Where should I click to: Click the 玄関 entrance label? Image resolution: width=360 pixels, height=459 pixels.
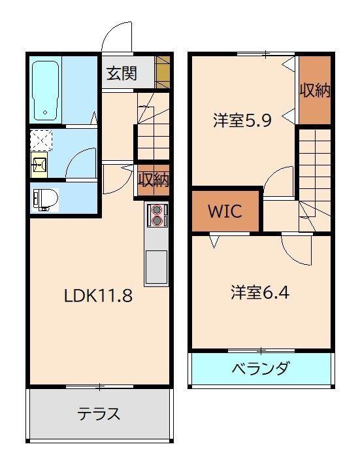[x=122, y=73]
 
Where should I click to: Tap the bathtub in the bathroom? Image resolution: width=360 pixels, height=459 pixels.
[x=45, y=91]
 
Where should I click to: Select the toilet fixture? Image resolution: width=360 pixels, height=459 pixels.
[x=45, y=199]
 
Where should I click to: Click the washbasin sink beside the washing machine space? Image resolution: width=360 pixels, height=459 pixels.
[x=39, y=165]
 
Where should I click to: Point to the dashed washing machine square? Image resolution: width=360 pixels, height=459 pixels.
[x=41, y=141]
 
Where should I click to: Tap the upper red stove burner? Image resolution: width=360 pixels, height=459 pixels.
[x=157, y=210]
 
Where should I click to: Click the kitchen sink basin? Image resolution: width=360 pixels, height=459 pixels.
[x=156, y=267]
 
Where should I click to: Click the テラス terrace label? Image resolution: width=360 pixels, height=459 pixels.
[x=99, y=414]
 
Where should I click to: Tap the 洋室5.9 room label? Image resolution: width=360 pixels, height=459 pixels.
[x=242, y=120]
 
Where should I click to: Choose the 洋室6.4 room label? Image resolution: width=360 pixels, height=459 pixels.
[x=260, y=292]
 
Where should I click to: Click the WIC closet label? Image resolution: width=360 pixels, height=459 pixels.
[x=225, y=211]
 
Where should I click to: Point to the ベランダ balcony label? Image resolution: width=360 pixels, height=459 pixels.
[x=261, y=368]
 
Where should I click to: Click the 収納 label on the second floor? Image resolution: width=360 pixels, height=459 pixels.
[x=315, y=90]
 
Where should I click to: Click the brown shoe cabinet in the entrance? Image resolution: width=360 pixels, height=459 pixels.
[x=163, y=72]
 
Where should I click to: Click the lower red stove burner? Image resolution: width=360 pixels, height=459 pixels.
[x=157, y=220]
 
